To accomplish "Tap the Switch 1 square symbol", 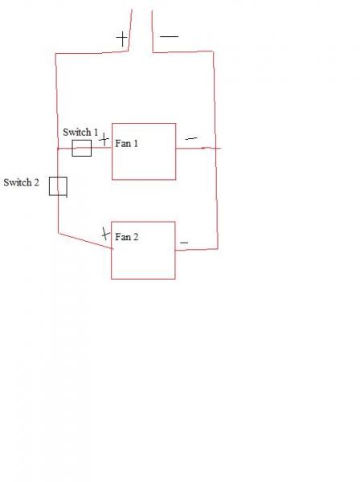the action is (x=72, y=148).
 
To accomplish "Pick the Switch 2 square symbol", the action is (x=50, y=186).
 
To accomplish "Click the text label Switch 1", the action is (x=80, y=133).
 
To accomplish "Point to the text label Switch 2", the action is (x=21, y=182).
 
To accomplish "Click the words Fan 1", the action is (x=126, y=144).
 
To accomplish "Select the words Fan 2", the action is (x=127, y=237).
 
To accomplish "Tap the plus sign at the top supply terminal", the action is (x=122, y=39).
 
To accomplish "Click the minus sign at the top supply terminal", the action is (x=169, y=37).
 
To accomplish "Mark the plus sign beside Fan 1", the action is (x=104, y=140).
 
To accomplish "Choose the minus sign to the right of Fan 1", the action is (x=191, y=139).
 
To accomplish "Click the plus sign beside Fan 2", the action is (x=105, y=234).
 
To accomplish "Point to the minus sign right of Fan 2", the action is (x=184, y=243).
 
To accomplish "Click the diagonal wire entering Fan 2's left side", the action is (x=86, y=241).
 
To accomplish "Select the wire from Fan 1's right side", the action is (x=198, y=148).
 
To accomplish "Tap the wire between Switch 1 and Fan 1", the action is (x=101, y=148).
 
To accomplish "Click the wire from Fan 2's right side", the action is (x=197, y=249).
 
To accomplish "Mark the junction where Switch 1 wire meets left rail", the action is (x=58, y=149).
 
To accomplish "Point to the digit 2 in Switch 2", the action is (x=37, y=182).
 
